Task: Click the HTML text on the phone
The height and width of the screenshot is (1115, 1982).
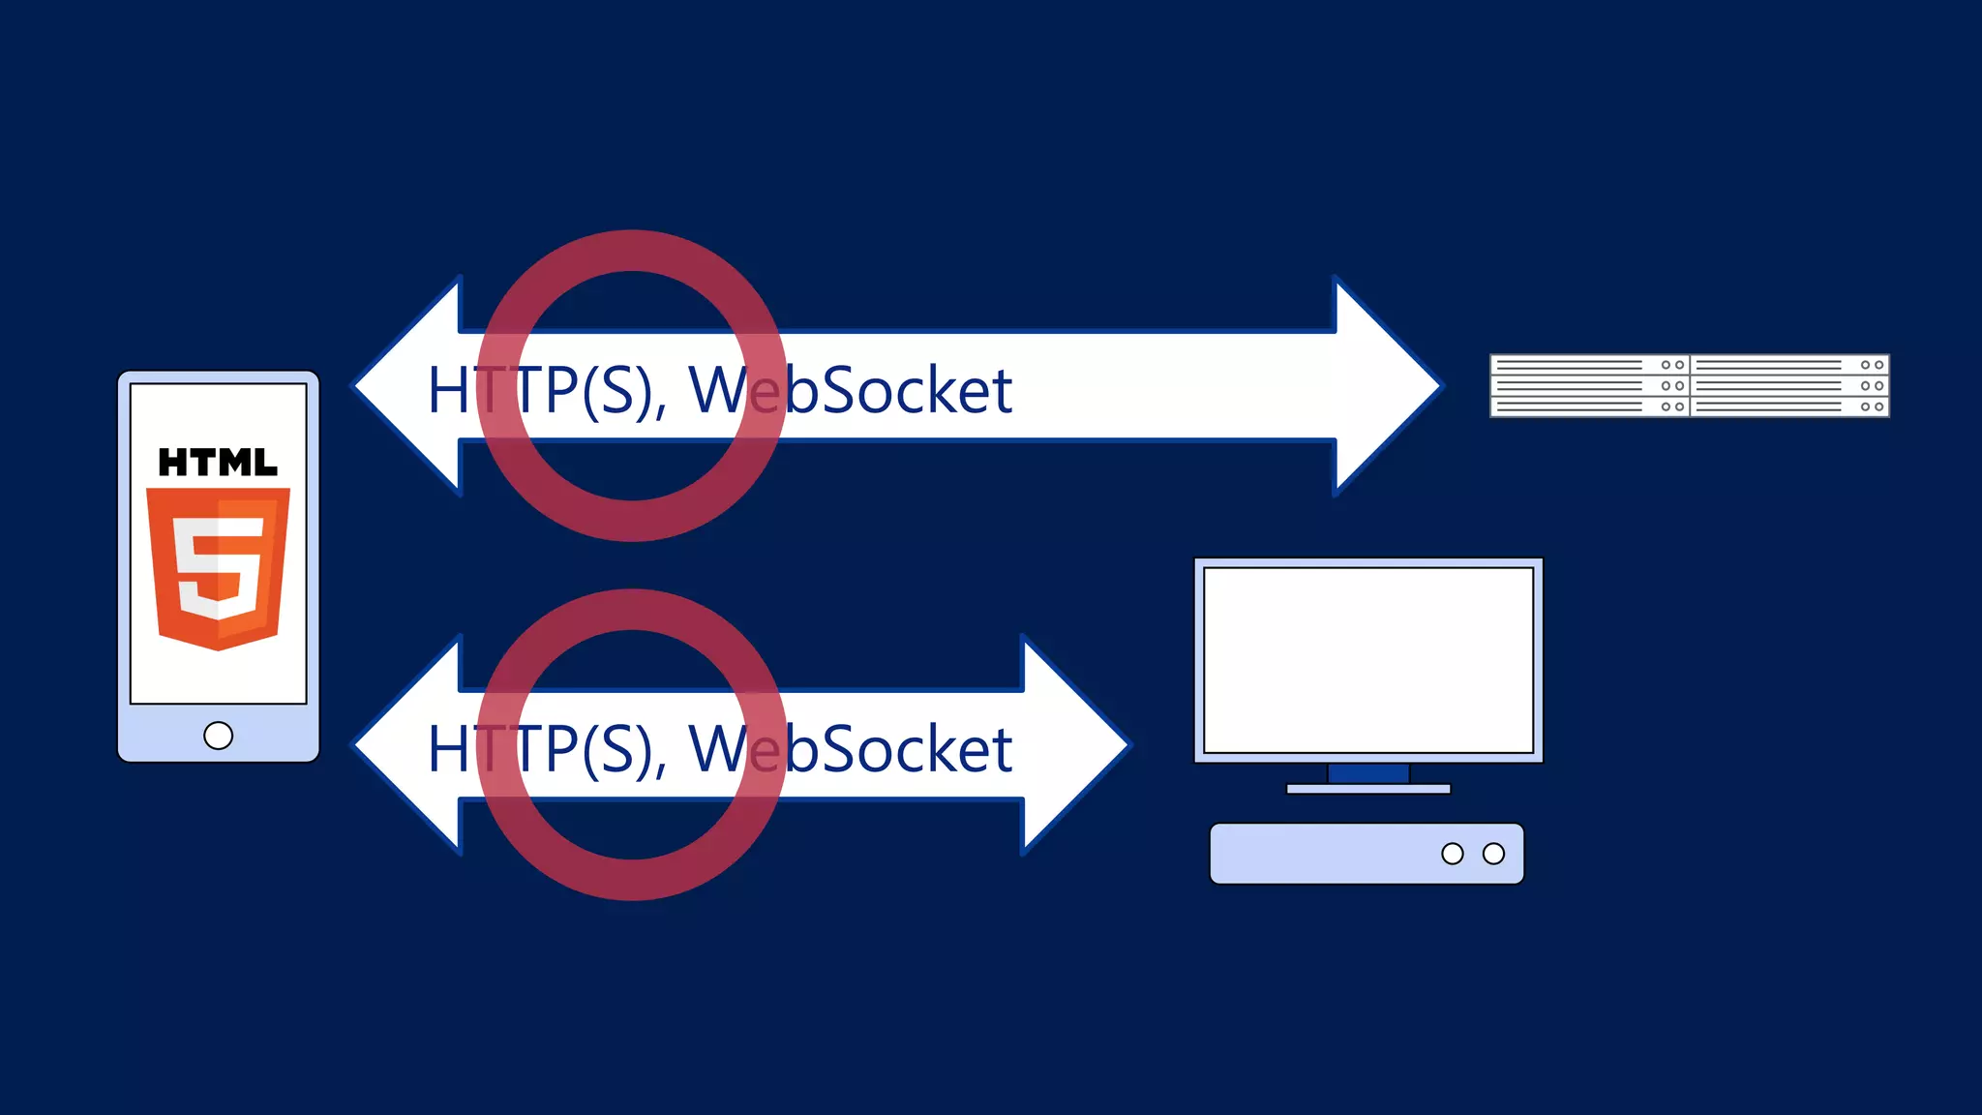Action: (218, 463)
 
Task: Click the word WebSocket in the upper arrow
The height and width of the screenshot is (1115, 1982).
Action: (850, 390)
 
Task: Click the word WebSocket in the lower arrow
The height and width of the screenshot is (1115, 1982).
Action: (850, 749)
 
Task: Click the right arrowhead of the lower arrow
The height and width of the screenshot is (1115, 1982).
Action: (1074, 744)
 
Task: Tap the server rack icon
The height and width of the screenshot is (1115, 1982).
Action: (1689, 386)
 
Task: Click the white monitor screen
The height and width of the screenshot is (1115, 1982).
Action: (1367, 660)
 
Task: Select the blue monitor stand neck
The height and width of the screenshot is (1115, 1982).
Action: (1367, 773)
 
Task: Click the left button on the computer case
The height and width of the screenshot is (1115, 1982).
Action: (1452, 854)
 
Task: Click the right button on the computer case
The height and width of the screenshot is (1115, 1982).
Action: (1493, 854)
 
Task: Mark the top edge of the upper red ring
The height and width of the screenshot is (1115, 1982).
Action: (631, 250)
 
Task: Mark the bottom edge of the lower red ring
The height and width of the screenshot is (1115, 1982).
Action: (631, 880)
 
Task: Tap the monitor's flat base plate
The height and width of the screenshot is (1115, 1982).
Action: (1367, 790)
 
